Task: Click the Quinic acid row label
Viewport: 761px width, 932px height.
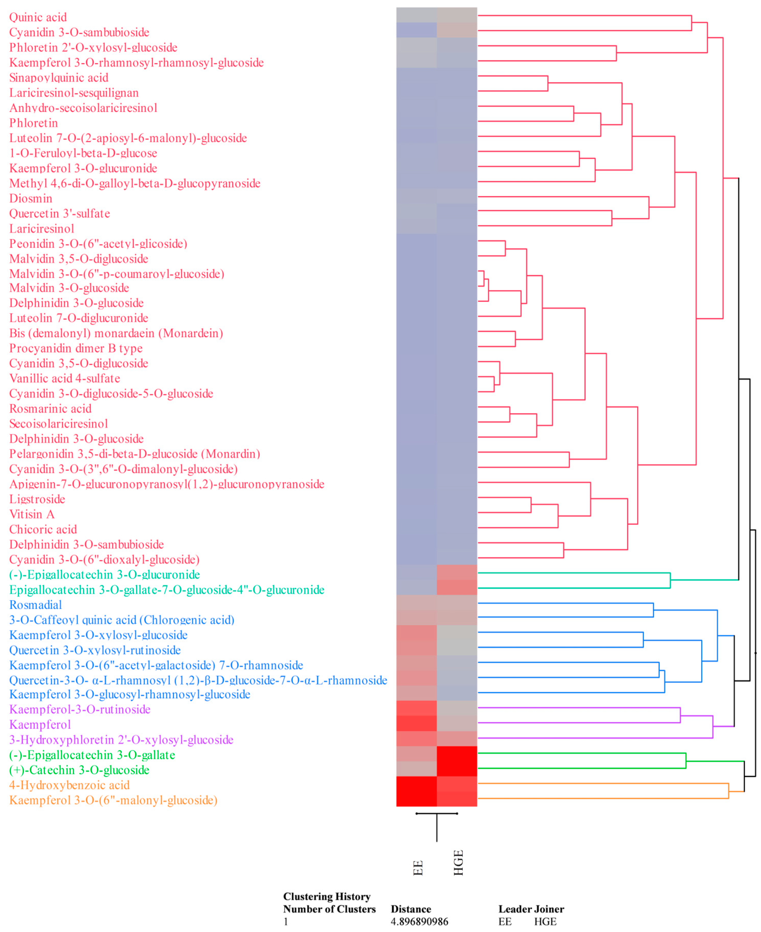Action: (x=38, y=17)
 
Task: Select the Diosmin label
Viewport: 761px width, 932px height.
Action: (x=31, y=198)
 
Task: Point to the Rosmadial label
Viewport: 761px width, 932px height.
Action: (x=35, y=605)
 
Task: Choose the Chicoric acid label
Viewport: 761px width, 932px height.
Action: (x=43, y=529)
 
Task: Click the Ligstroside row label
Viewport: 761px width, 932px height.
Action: (x=37, y=499)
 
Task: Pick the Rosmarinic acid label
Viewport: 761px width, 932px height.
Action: (x=51, y=409)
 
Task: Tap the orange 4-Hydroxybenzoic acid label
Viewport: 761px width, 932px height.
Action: (x=69, y=785)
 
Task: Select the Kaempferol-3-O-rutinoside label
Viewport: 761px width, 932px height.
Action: (x=80, y=709)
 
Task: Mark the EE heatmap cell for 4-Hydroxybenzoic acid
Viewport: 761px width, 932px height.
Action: (x=416, y=785)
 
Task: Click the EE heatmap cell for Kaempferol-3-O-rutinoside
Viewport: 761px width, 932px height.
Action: (x=416, y=709)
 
